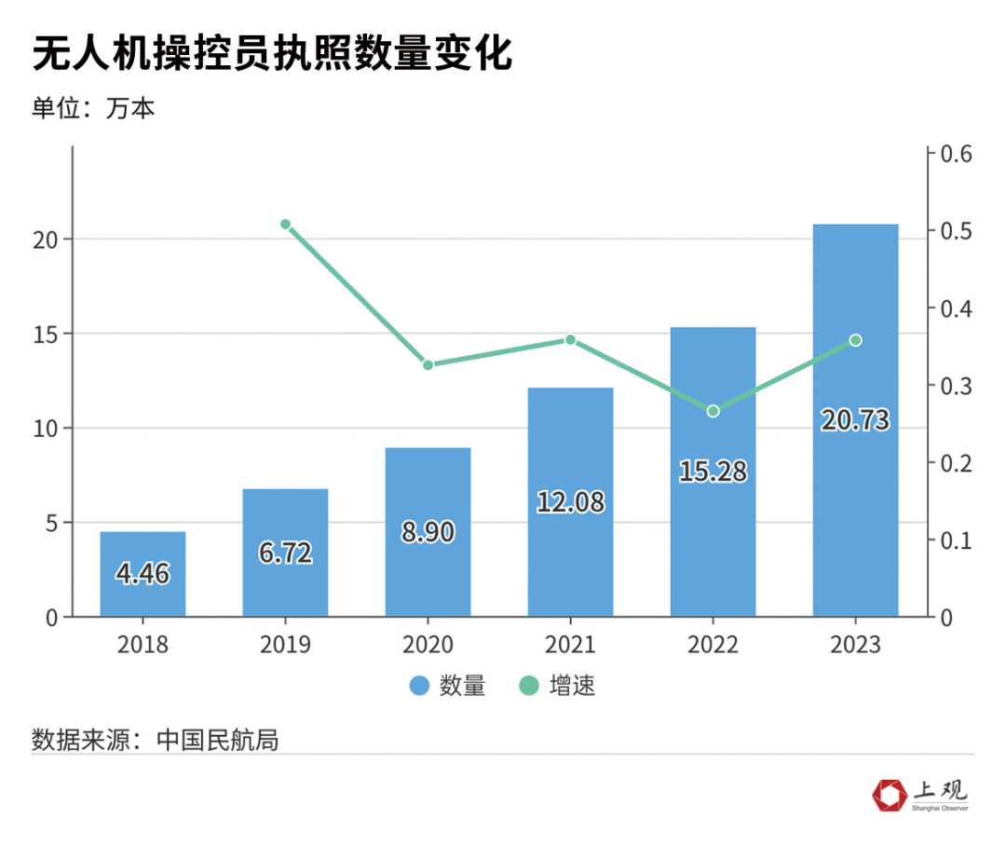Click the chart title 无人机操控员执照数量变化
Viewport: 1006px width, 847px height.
pos(272,55)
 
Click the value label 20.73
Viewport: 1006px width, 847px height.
pos(855,420)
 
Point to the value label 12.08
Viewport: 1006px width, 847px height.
pos(570,502)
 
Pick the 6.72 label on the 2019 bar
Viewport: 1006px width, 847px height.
pos(285,553)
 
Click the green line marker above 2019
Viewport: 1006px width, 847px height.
pos(286,225)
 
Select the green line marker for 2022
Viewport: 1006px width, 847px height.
pos(713,411)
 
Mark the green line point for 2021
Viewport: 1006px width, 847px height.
pos(570,340)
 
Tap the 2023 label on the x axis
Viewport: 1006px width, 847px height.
pos(855,645)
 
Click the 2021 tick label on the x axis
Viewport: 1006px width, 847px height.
pos(570,645)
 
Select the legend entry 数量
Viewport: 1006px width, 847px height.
pos(448,687)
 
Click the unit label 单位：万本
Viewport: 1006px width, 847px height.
pos(93,108)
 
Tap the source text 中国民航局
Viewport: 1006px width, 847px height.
pos(218,741)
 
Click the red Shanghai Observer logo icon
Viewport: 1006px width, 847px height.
pos(889,795)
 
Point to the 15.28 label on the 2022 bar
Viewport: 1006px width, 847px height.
pos(713,471)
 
